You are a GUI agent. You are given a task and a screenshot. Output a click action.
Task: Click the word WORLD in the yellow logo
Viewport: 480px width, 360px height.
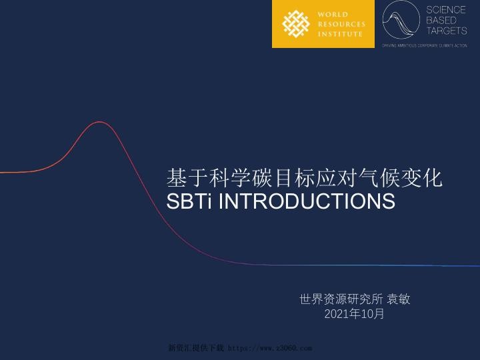[x=332, y=14]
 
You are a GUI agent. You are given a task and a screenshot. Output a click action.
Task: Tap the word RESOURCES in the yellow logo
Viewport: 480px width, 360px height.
[x=341, y=24]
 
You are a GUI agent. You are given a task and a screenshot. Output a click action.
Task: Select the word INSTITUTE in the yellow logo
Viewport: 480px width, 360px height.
[x=340, y=34]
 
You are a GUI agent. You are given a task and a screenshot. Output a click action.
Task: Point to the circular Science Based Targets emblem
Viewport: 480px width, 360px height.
[x=401, y=21]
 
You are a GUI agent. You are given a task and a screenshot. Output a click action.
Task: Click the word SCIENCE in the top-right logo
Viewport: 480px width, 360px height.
[x=446, y=10]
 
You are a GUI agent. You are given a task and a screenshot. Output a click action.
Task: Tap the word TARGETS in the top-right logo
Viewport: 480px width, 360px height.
[x=447, y=31]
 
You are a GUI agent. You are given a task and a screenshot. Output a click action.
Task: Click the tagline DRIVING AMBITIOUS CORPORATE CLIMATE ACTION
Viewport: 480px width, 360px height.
[x=424, y=45]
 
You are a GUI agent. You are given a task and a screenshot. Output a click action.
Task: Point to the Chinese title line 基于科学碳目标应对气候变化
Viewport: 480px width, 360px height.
[x=304, y=178]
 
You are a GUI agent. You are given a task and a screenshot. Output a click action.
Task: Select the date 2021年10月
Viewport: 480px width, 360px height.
[x=354, y=313]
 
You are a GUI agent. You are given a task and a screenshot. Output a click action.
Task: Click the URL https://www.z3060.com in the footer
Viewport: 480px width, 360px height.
[x=270, y=348]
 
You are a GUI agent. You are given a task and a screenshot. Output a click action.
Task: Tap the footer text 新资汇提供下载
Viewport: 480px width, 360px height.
[x=196, y=348]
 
